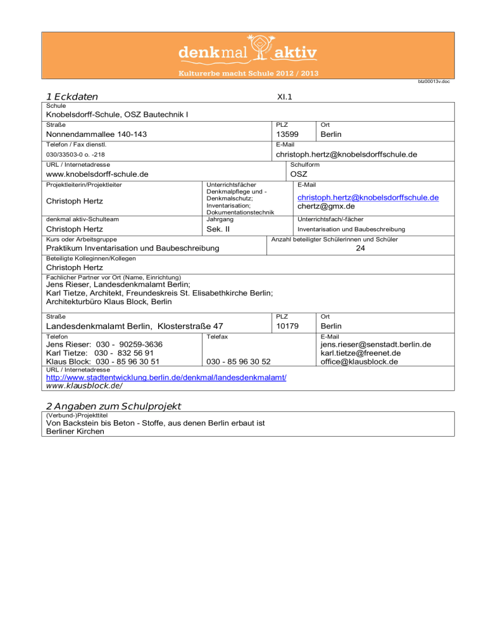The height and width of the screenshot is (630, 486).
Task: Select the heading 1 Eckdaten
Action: (72, 96)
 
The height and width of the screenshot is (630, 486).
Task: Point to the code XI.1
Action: (284, 96)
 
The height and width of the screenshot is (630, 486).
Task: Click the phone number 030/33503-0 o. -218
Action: (80, 155)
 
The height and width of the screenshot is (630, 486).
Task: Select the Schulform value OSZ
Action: (299, 174)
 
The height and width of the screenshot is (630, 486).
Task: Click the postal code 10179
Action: (290, 325)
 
